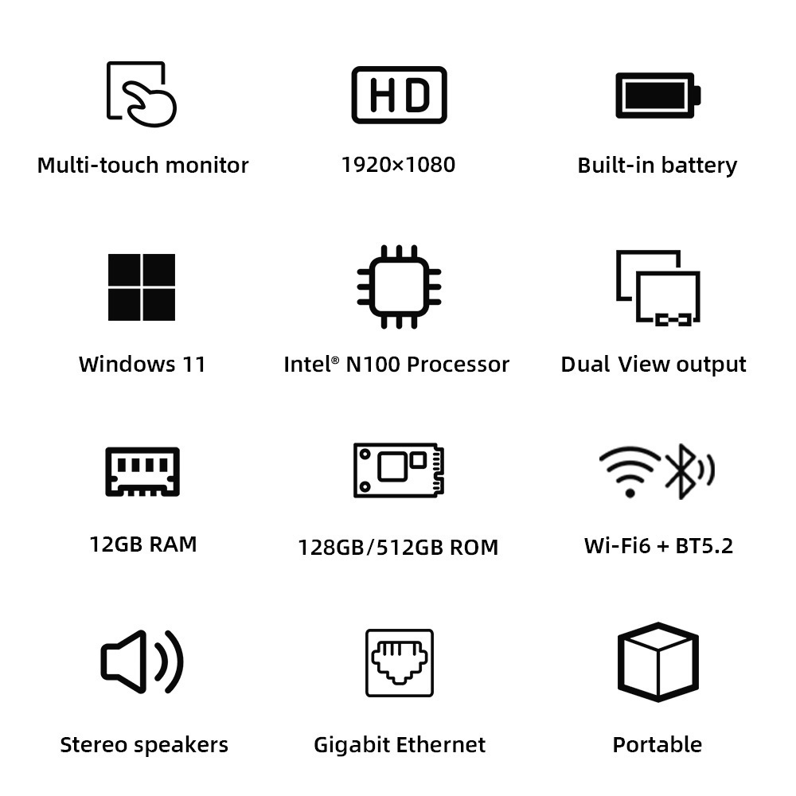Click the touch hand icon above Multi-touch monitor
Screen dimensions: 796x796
click(142, 93)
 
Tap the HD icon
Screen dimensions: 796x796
click(399, 95)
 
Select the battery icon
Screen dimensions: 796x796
click(657, 95)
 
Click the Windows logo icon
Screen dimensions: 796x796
click(142, 287)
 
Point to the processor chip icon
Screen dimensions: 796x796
click(399, 287)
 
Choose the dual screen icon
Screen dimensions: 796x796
click(658, 287)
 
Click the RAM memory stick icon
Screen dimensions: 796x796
click(142, 471)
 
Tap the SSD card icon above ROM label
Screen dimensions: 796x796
click(398, 470)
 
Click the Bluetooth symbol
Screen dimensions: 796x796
click(681, 470)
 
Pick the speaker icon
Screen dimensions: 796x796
click(142, 661)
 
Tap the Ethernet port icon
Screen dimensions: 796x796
click(399, 662)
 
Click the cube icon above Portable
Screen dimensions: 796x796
click(657, 661)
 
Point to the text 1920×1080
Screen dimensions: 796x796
click(398, 165)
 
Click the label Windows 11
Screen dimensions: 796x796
click(142, 365)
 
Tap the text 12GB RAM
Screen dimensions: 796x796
click(143, 544)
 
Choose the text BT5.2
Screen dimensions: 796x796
click(704, 545)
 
